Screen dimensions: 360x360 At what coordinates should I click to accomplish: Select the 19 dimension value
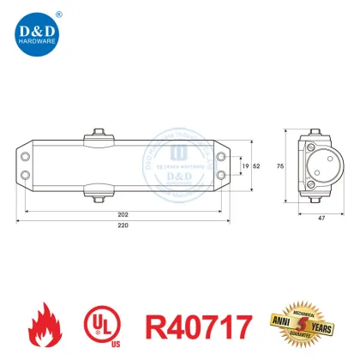point(247,165)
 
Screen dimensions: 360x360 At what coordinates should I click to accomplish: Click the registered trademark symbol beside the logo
point(57,13)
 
